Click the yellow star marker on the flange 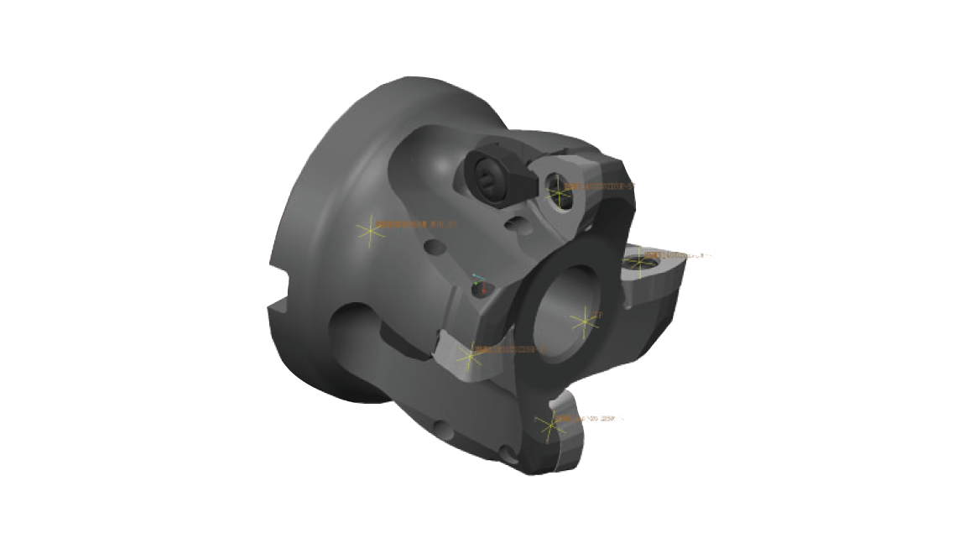[x=370, y=230]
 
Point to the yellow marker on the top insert [x=560, y=196]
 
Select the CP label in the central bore [x=598, y=316]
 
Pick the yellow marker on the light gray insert [x=469, y=356]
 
